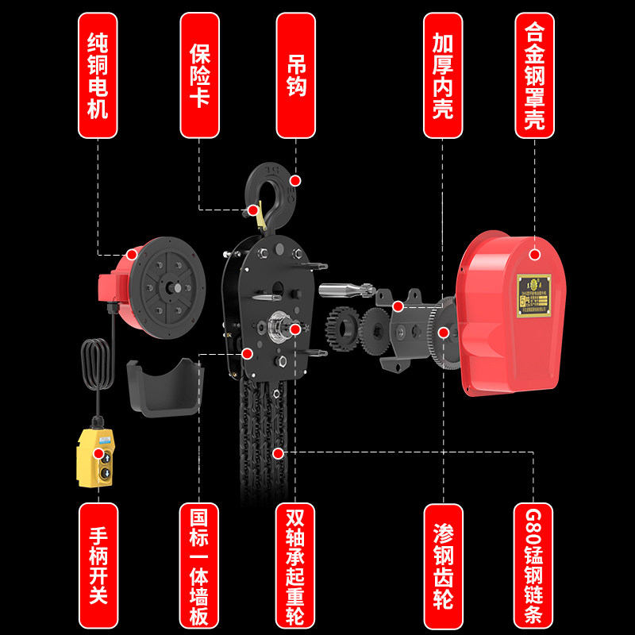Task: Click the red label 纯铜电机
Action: coord(97,75)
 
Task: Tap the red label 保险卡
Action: coord(200,75)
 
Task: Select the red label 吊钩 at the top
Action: coord(295,75)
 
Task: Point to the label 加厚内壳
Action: coord(442,75)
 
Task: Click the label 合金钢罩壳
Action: coord(534,75)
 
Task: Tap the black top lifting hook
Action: coord(267,190)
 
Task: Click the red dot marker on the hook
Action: coord(295,181)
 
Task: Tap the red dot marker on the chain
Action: coord(278,453)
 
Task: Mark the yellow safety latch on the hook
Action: coord(253,210)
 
